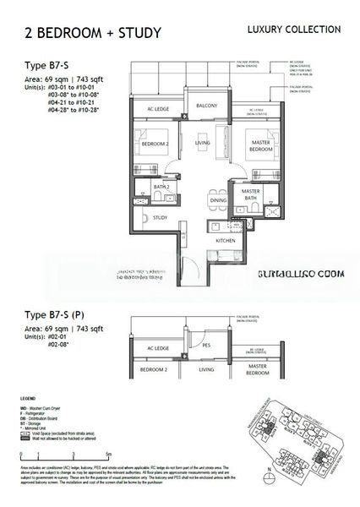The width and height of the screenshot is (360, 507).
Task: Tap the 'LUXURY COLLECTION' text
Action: (293, 30)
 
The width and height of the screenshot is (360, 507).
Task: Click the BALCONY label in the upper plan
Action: (208, 106)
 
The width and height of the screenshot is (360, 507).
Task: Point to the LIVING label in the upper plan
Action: (202, 143)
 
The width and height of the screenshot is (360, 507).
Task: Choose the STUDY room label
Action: (161, 218)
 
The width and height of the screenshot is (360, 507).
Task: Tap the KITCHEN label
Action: (225, 241)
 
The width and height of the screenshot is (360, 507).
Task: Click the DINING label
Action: (219, 200)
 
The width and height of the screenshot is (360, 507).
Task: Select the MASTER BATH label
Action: (251, 195)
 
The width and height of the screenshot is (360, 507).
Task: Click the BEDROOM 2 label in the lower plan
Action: (154, 371)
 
